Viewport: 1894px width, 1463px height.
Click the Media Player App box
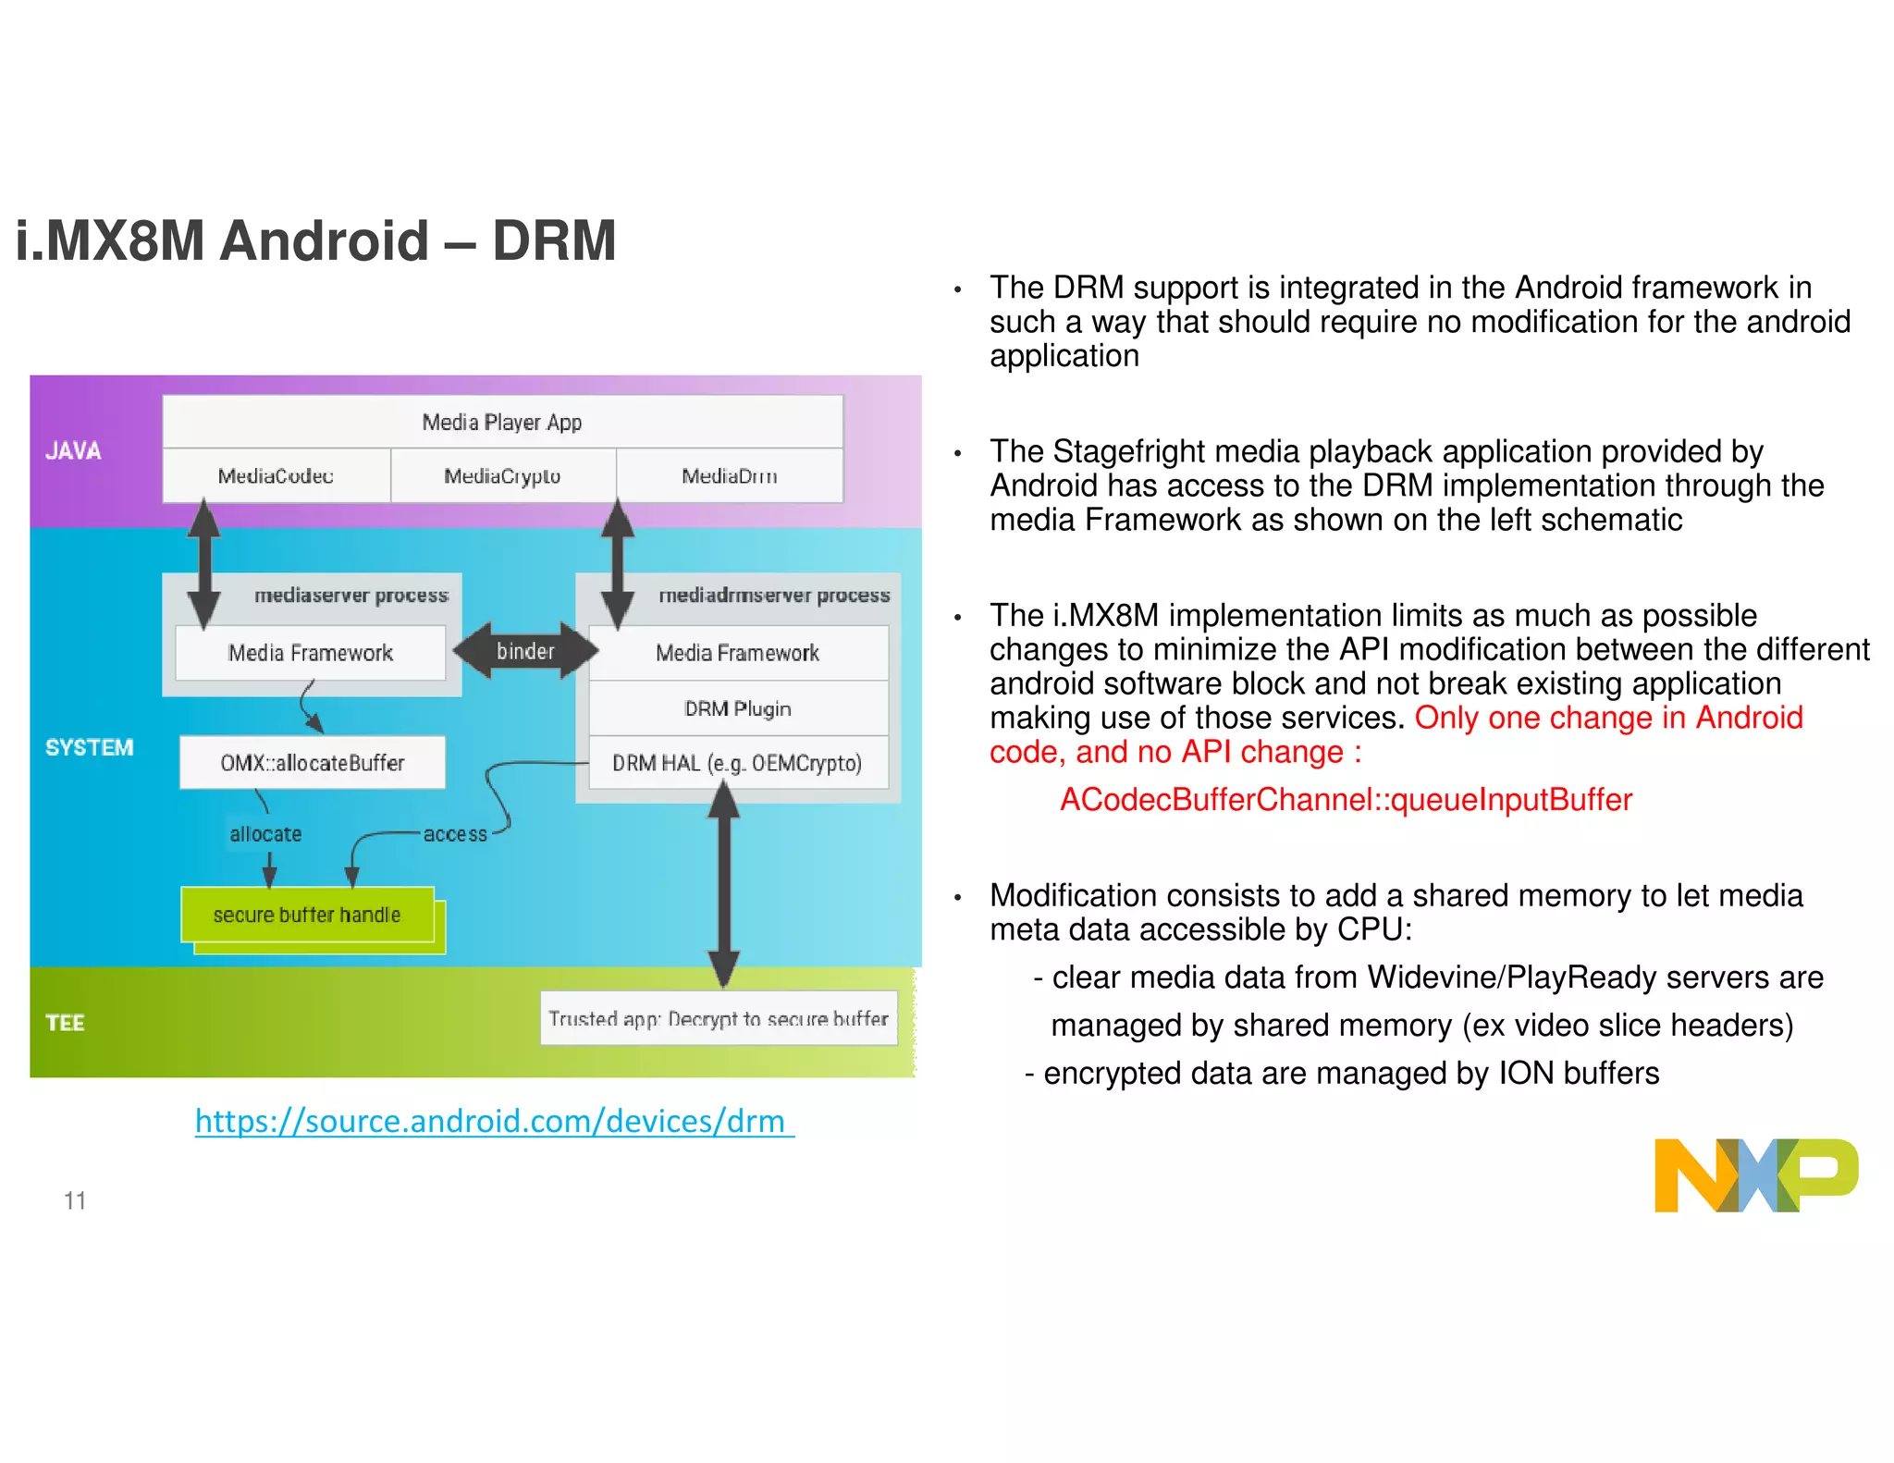pos(502,423)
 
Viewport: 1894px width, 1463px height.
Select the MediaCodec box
pos(276,476)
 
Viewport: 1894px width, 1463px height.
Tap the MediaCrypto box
pos(502,476)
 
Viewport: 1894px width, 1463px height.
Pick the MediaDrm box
pos(730,476)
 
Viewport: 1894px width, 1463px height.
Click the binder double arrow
pos(525,651)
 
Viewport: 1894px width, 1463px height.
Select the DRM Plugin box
pos(738,708)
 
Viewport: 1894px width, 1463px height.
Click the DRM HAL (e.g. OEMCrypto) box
pos(738,763)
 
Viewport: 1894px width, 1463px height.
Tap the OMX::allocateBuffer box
pos(313,763)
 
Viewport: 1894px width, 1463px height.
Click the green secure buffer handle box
pos(307,916)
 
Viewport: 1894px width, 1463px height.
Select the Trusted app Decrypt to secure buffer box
pos(719,1018)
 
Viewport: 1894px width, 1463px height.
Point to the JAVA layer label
pos(73,451)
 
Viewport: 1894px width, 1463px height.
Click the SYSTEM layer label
pos(89,747)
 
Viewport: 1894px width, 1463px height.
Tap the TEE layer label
pos(65,1023)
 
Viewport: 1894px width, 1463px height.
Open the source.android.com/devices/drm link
pos(494,1122)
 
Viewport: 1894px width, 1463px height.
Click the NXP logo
pos(1755,1174)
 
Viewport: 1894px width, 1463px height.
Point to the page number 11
pos(75,1200)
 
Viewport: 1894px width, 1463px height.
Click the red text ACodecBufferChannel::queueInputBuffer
pos(1346,800)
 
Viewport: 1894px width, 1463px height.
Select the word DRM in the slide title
pos(553,241)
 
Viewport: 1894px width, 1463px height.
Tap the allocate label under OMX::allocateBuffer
pos(265,834)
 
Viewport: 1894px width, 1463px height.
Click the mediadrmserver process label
pos(774,596)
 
